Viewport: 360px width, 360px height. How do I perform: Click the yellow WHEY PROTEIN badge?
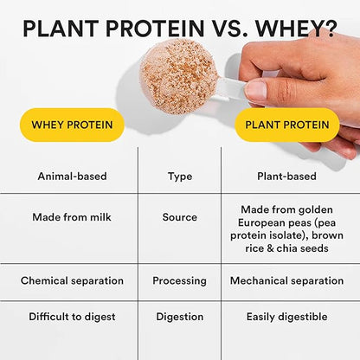pos(72,125)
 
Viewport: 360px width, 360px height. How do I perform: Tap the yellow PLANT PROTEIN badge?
pos(286,125)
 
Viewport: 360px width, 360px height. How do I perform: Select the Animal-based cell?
pos(72,176)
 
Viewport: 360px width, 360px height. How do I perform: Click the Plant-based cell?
pos(288,176)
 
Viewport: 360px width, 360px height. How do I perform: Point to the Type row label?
pos(179,176)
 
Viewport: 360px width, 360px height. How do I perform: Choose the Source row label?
pos(179,217)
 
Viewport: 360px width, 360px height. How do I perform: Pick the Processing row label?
pos(179,281)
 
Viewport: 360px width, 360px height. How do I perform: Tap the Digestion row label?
pos(179,318)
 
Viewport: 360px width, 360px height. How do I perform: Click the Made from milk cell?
pos(72,217)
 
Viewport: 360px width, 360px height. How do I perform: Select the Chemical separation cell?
pos(72,281)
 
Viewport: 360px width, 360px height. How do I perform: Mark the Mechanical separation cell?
pos(288,281)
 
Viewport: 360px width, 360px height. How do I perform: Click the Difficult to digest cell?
pos(72,318)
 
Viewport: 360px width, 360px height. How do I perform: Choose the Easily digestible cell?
pos(288,318)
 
